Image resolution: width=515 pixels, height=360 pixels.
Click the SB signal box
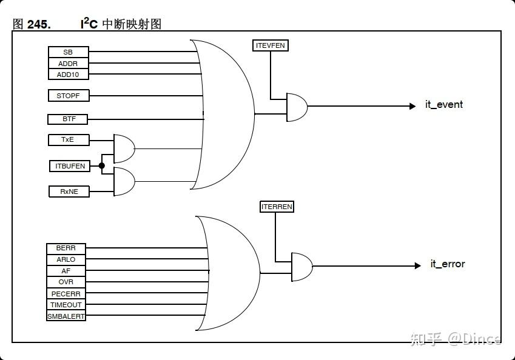(69, 52)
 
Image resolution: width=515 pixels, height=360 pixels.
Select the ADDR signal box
(69, 64)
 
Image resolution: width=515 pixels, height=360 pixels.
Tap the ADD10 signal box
(69, 75)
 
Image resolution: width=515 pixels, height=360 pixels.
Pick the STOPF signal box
(69, 96)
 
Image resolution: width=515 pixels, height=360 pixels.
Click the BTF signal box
(69, 119)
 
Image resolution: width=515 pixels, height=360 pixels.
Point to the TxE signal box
(69, 140)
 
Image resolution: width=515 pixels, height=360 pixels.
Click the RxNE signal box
(69, 192)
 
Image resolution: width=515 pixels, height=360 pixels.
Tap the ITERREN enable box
(277, 207)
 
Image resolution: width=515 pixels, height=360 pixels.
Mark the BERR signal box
(66, 248)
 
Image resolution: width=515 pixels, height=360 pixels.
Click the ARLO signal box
(66, 259)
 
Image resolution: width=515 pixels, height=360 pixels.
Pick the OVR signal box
(66, 282)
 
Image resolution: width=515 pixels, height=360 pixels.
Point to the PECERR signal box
(66, 294)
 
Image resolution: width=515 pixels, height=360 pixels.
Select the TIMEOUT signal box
(66, 305)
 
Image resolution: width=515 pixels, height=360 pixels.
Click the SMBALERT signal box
(66, 316)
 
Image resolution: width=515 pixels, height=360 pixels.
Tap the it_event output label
(444, 105)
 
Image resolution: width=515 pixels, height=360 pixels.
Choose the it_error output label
(448, 264)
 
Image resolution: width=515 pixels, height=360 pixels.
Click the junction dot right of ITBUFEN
(102, 165)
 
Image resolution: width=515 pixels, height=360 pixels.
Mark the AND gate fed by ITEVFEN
(297, 107)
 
